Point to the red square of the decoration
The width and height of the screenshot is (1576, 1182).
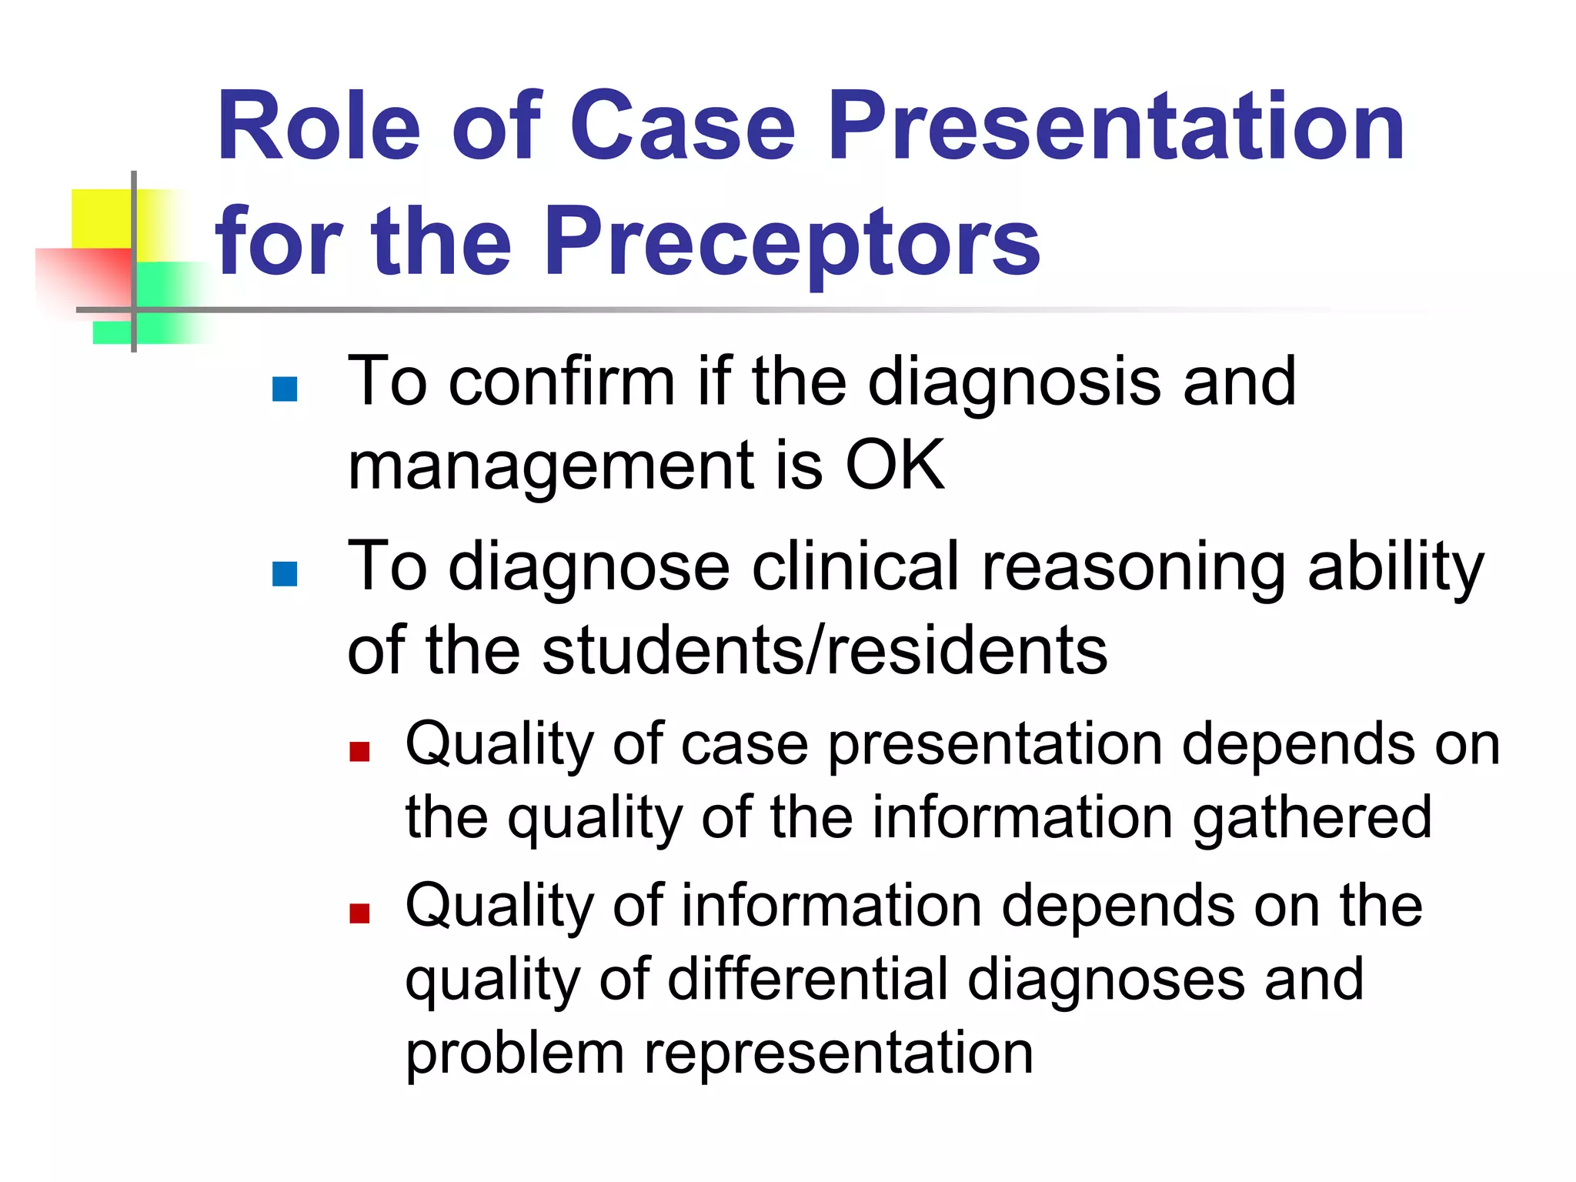click(85, 277)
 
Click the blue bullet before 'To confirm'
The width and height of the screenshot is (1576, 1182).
click(285, 389)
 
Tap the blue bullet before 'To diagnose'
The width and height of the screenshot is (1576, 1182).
click(285, 574)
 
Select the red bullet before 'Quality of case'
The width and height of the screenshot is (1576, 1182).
click(359, 752)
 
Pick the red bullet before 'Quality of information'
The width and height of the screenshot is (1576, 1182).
click(359, 913)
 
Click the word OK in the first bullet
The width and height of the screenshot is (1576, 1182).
click(894, 466)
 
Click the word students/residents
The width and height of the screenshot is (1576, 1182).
click(824, 651)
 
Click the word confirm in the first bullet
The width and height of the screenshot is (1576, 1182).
click(562, 382)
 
